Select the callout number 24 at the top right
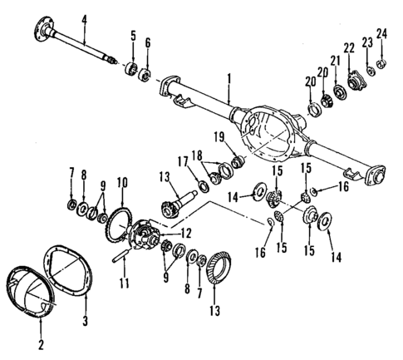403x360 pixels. pos(382,34)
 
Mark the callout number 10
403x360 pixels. pos(121,181)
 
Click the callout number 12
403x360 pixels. pos(186,234)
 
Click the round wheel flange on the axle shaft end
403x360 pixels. pos(42,34)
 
